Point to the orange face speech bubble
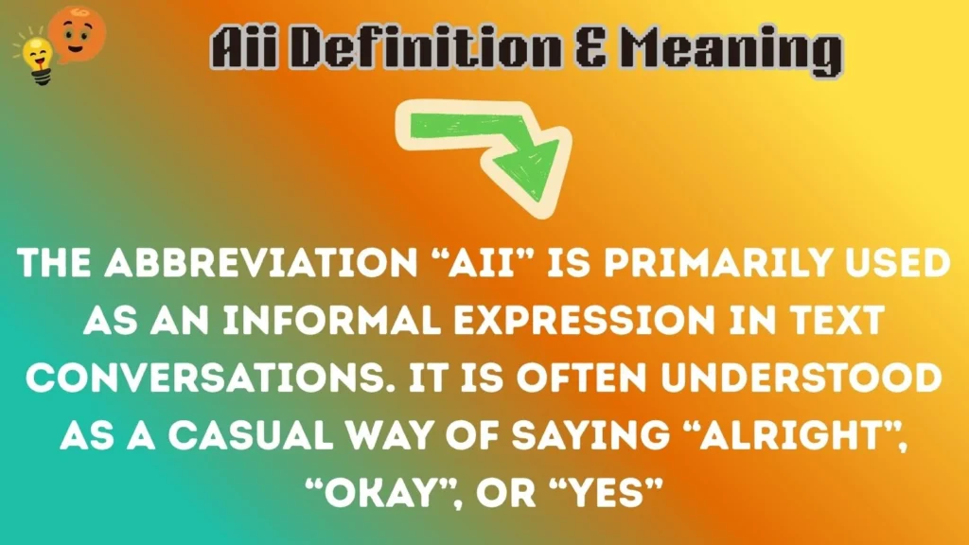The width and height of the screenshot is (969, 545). (78, 31)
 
